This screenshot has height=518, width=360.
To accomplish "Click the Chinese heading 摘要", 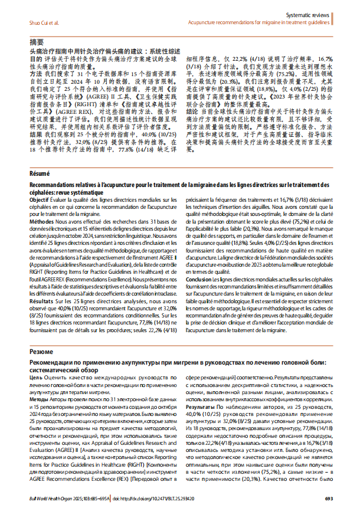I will click(x=37, y=42).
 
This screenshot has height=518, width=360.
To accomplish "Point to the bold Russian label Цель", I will click(x=35, y=376).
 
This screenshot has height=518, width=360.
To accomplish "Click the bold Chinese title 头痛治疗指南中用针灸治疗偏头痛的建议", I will click(x=94, y=53).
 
